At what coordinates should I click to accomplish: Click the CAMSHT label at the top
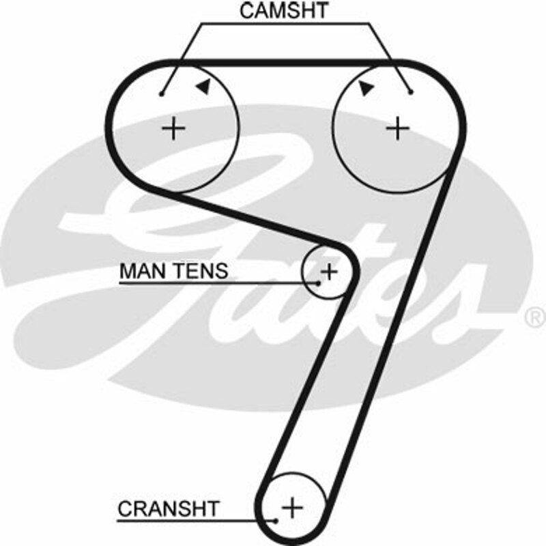coord(284,10)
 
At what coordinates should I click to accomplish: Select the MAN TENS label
coord(173,271)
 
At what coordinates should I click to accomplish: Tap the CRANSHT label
coord(169,508)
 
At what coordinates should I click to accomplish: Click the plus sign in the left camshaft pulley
coord(175,128)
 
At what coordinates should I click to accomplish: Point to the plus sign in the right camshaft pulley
coord(397,128)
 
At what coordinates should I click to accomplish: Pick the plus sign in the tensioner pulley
coord(329,272)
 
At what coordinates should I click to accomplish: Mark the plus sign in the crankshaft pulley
coord(293,507)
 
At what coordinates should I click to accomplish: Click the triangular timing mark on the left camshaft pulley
coord(202,85)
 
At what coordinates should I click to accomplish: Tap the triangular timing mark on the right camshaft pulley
coord(366,87)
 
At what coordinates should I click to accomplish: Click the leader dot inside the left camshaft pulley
coord(162,94)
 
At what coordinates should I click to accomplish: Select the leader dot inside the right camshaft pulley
coord(411,91)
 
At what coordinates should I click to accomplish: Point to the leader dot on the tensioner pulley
coord(319,282)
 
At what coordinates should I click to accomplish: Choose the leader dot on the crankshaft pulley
coord(276,520)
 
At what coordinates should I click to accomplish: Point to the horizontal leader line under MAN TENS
coord(218,283)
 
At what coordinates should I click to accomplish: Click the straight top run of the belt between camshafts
coord(287,62)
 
